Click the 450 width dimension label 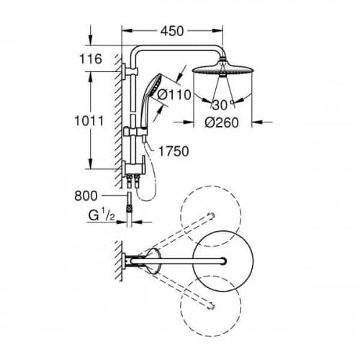[172, 31]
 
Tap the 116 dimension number [91, 59]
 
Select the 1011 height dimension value [89, 121]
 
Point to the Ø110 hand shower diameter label [174, 94]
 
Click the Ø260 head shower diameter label [222, 122]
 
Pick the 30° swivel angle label [223, 105]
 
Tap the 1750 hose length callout [174, 151]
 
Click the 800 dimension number [86, 196]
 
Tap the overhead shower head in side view [223, 69]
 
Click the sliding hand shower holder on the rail [135, 132]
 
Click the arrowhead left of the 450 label [127, 31]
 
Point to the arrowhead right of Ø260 [257, 122]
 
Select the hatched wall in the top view [118, 261]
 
